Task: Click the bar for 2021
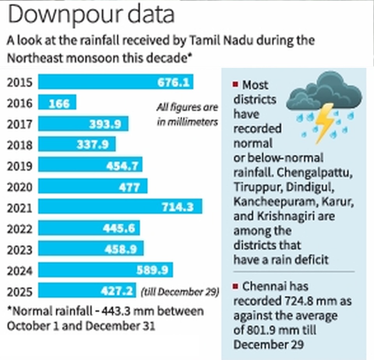[120, 206]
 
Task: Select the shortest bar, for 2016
[57, 103]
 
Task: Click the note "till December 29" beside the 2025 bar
[180, 291]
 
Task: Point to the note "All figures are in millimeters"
[187, 115]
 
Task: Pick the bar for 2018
[77, 145]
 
